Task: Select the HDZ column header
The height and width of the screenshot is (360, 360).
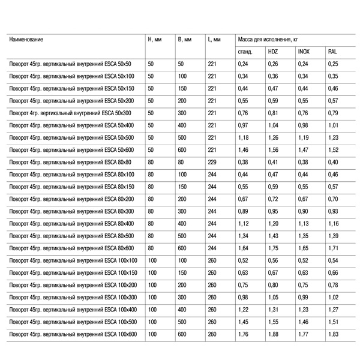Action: point(273,52)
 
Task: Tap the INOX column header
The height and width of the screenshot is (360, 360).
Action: point(304,52)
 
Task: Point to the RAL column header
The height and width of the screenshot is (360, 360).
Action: point(332,52)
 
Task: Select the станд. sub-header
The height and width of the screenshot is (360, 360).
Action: point(245,52)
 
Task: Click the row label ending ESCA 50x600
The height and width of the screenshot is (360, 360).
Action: point(71,150)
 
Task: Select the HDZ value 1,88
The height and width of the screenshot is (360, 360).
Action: point(274,334)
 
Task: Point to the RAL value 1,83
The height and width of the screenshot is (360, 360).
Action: point(334,334)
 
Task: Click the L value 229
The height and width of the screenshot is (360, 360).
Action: point(212,162)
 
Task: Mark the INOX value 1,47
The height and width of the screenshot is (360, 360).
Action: point(304,150)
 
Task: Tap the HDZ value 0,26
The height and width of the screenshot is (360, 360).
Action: point(274,64)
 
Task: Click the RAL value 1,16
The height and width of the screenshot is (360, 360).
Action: point(334,224)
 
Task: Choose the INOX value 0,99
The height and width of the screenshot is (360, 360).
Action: point(304,298)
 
